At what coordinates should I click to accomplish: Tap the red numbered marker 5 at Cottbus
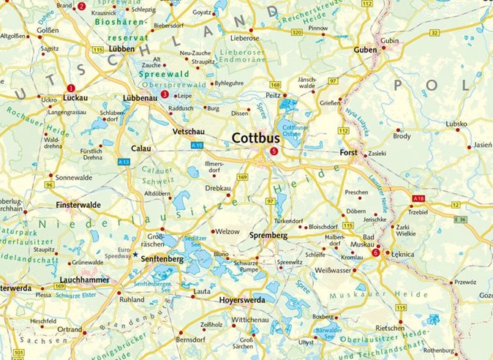click(274, 151)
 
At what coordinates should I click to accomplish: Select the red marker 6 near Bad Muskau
click(375, 252)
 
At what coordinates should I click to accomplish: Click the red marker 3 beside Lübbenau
click(165, 94)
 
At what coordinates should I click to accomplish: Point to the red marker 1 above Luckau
click(71, 87)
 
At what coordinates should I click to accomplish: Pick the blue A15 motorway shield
click(197, 146)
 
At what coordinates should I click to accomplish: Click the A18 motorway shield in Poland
click(418, 198)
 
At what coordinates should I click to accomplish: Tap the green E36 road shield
click(459, 220)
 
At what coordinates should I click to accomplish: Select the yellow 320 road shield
click(296, 33)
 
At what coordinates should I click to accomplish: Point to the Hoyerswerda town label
click(245, 299)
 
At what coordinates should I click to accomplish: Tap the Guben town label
click(366, 50)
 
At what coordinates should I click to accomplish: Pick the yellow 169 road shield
click(242, 176)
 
